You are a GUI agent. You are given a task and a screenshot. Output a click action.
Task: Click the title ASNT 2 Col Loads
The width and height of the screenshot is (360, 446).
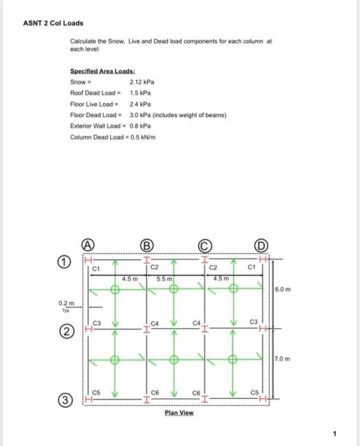[x=53, y=23]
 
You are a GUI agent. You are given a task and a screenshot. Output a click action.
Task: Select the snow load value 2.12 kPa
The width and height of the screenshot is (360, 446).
[x=142, y=82]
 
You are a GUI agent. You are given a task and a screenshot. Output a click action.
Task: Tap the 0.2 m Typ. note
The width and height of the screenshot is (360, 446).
[x=66, y=305]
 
